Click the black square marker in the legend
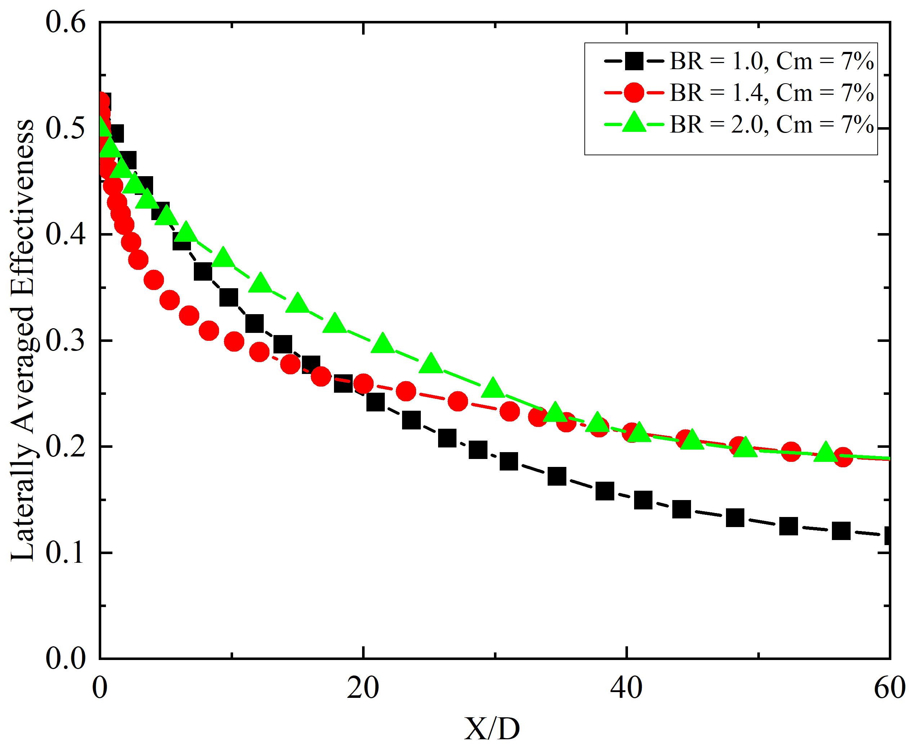click(x=634, y=61)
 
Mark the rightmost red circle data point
click(x=843, y=456)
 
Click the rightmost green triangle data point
click(x=825, y=452)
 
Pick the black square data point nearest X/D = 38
click(x=605, y=491)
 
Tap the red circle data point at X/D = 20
click(x=363, y=383)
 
